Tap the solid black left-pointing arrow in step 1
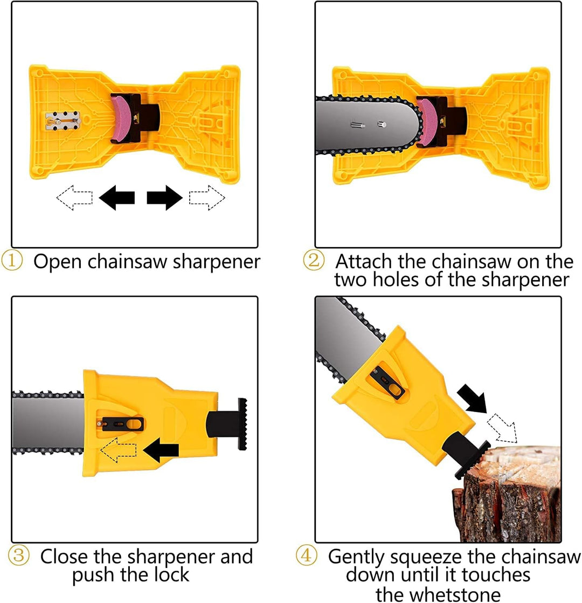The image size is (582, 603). [116, 198]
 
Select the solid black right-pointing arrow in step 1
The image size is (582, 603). [165, 198]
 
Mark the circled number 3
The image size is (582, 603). [18, 556]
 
